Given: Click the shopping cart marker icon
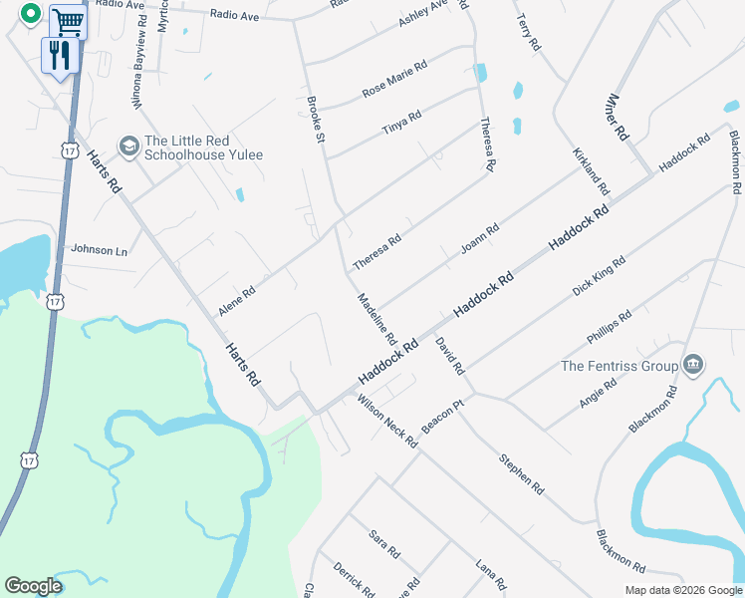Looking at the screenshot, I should click(x=68, y=20).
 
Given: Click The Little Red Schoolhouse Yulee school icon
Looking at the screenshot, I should click(x=128, y=147).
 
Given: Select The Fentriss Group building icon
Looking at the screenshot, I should click(x=693, y=366).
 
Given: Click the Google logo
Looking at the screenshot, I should click(x=33, y=586).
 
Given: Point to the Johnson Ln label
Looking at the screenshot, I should click(x=100, y=250).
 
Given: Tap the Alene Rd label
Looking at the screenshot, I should click(x=237, y=299).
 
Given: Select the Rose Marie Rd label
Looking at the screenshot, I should click(x=394, y=79).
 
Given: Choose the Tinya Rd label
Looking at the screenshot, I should click(x=401, y=123).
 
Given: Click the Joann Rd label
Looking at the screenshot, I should click(x=479, y=238).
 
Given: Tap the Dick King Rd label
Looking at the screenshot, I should click(x=599, y=275).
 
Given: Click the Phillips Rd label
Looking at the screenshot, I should click(x=610, y=323).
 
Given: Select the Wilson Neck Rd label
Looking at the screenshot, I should click(x=386, y=420).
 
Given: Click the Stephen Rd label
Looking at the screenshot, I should click(x=522, y=475).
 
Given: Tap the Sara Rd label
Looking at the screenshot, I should click(x=383, y=543).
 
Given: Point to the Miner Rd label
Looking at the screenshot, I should click(x=618, y=117).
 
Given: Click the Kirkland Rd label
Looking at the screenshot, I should click(x=591, y=171).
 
